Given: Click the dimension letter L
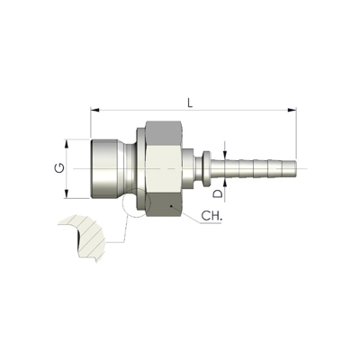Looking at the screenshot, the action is point(190,103).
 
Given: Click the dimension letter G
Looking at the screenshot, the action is point(59,168).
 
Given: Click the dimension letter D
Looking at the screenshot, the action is point(219,193).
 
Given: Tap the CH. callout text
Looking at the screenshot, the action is point(211,216).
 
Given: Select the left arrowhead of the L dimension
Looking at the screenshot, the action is point(94,110).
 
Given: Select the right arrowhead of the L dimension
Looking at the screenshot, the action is point(292,110).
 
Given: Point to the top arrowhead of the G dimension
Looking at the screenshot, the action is point(67,143).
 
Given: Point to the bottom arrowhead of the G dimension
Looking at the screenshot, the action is point(67,193).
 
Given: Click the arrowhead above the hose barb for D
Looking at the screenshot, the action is point(225,153).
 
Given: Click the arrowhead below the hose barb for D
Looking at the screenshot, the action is point(225,183).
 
